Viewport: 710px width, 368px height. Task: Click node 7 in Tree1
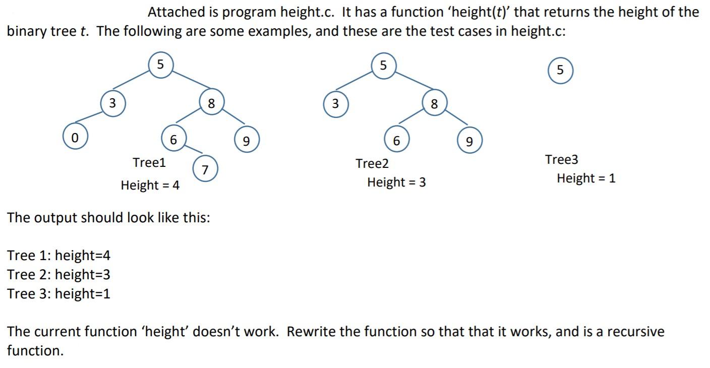click(x=205, y=169)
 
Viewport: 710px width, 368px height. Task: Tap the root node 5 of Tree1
click(x=160, y=65)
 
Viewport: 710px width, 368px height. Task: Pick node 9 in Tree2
click(x=469, y=141)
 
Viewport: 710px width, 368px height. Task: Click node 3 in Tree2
click(x=335, y=104)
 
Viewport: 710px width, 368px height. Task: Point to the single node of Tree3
click(x=560, y=70)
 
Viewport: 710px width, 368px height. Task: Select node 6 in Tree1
click(x=173, y=139)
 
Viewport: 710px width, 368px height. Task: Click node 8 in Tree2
click(x=434, y=104)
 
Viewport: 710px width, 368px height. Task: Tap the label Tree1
click(x=149, y=162)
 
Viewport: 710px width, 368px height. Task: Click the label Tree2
click(x=372, y=163)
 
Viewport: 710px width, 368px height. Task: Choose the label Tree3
click(x=562, y=159)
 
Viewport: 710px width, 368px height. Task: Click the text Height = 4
click(x=150, y=185)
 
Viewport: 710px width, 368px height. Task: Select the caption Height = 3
click(x=396, y=182)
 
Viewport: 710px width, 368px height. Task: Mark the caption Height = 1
click(x=586, y=178)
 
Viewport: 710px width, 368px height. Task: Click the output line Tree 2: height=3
click(x=58, y=275)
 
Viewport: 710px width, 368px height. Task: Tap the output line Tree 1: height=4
click(x=58, y=255)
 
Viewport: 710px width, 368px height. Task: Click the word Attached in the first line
click(x=176, y=12)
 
